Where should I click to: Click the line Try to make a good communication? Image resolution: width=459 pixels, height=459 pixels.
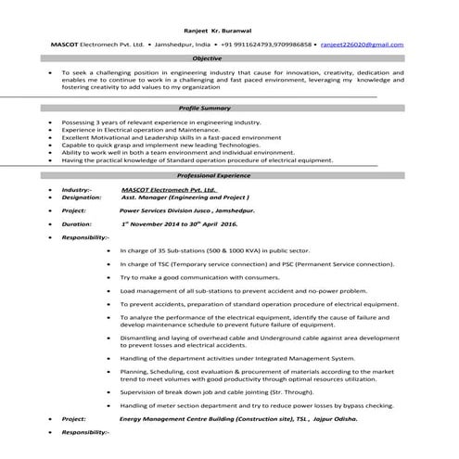coord(199,276)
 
